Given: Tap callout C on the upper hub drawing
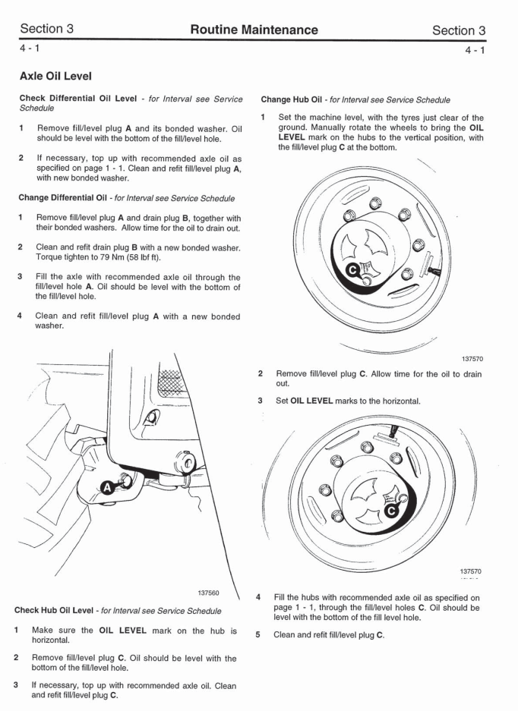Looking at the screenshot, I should pos(352,269).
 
